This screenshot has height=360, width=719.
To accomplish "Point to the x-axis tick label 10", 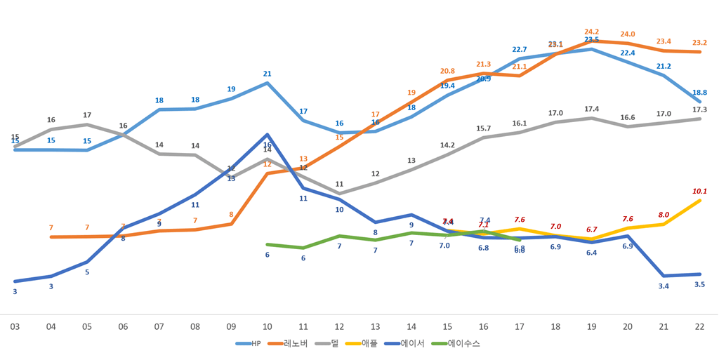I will pos(267,326).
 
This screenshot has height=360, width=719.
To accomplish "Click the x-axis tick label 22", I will pos(699,326).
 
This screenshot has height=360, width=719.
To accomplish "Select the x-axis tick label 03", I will pos(15,326).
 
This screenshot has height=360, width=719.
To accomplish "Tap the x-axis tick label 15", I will pos(447,326).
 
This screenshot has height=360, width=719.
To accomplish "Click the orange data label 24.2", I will pos(592,32).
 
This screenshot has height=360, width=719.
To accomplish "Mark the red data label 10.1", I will pos(699,191).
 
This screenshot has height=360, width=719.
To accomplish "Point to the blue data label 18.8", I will pos(699,92).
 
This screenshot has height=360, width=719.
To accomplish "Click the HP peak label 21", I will pos(267,74).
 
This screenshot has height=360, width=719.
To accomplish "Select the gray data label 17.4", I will pos(592,109).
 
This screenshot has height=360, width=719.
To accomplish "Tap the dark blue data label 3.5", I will pos(699,284).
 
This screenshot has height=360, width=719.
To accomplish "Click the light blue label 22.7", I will pos(520,49).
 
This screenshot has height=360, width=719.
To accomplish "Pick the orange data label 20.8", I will pos(447,71).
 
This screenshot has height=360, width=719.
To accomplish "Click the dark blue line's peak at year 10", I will pos(267,134).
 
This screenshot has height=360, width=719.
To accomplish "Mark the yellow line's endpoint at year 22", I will pos(700,200).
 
